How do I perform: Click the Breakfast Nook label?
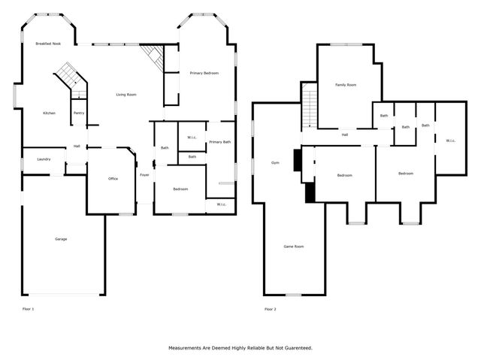[48, 44]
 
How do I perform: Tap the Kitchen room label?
[49, 113]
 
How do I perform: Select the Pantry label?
[79, 113]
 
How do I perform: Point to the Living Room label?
[126, 94]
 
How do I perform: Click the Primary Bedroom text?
[204, 73]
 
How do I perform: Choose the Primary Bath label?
[219, 142]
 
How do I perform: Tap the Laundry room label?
[43, 159]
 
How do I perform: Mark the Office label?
[113, 178]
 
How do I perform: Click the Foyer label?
[144, 174]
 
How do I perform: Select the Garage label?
[61, 239]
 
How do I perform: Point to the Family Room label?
[345, 85]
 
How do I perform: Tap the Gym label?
[275, 162]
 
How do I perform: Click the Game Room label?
[293, 247]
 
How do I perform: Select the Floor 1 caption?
[28, 309]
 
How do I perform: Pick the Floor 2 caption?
[270, 309]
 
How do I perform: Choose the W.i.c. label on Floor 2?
[450, 141]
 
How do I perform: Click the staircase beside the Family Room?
[309, 105]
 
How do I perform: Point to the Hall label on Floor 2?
[344, 135]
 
